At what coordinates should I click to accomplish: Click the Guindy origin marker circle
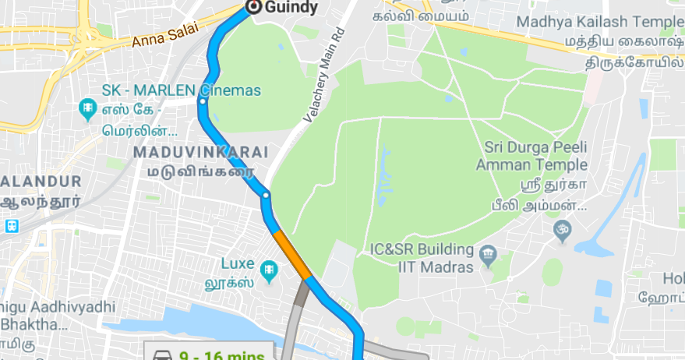pyautogui.click(x=253, y=6)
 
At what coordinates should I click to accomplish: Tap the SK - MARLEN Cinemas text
pyautogui.click(x=181, y=90)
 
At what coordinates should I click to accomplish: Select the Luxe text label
pyautogui.click(x=238, y=263)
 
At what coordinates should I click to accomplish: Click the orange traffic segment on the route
pyautogui.click(x=292, y=253)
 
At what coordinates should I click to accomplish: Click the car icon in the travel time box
pyautogui.click(x=162, y=355)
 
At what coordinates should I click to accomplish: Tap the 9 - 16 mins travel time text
pyautogui.click(x=222, y=355)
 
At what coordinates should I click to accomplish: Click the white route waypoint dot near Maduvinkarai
pyautogui.click(x=266, y=195)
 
